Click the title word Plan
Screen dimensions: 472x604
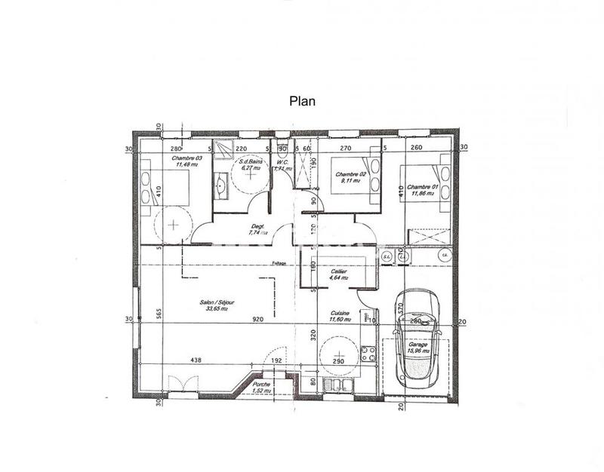point(302,99)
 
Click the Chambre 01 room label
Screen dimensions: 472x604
point(422,188)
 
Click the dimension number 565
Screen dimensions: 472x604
point(159,315)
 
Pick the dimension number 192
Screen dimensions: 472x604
point(276,360)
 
